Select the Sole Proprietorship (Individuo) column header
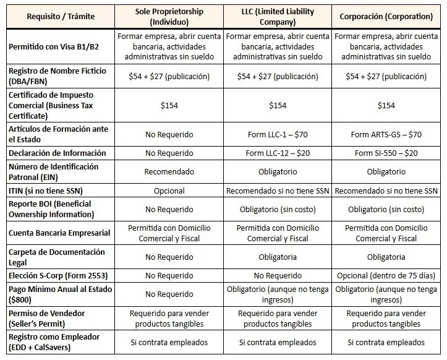point(169,15)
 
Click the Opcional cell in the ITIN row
point(169,191)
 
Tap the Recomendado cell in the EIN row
point(169,172)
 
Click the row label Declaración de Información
point(57,153)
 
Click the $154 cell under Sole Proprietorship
point(169,105)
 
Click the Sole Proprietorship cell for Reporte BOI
point(169,210)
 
